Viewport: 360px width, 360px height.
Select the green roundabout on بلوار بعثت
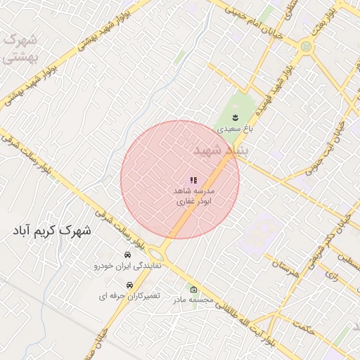(306, 46)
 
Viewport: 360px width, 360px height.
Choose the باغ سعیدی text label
(233, 129)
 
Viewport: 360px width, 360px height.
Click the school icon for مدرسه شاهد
(193, 181)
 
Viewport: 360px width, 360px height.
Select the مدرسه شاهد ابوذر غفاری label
(193, 196)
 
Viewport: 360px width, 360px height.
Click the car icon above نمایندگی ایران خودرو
(127, 255)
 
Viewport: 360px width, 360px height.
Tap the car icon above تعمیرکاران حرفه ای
(129, 285)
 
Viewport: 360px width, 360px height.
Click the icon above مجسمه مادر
(194, 289)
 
